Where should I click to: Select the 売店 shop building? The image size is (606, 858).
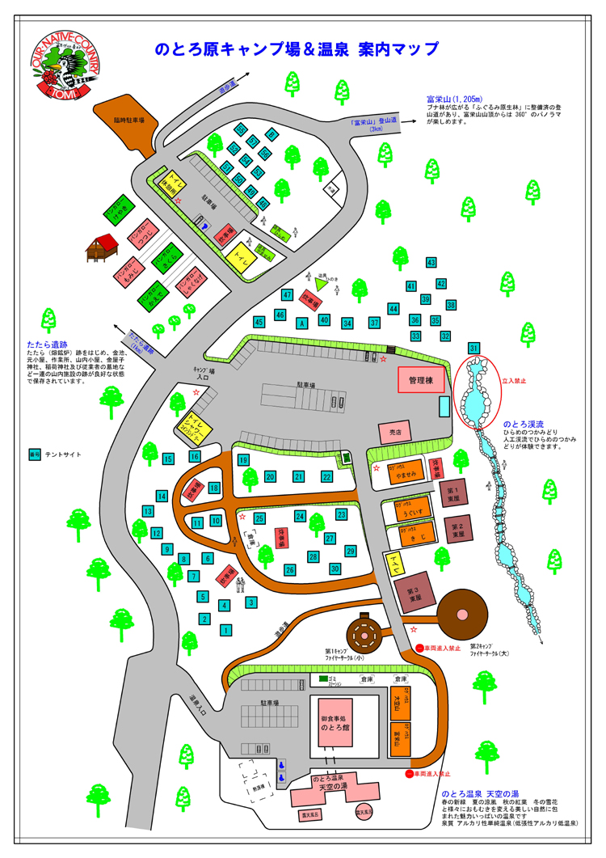coord(395,433)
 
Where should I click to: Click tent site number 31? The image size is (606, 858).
coord(474,348)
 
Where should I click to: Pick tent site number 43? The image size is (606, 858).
coord(431,263)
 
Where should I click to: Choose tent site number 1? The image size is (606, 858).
coord(226,629)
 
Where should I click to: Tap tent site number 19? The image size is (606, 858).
coord(243,460)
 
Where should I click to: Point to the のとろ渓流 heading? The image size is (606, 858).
coord(524,424)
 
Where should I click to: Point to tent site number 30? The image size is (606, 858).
coord(335,568)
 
